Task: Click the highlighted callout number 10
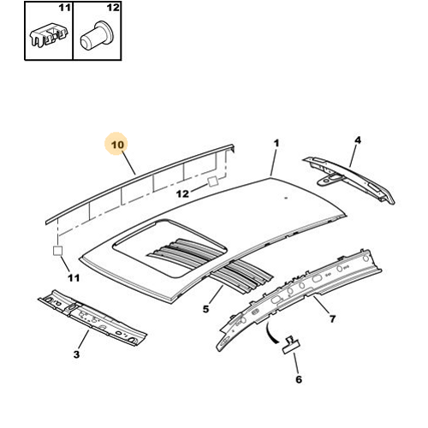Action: click(x=117, y=145)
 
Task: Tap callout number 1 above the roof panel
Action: click(x=276, y=143)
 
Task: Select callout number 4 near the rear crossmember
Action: click(x=358, y=140)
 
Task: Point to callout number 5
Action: click(x=205, y=309)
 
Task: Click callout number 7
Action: click(x=332, y=318)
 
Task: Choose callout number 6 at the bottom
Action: click(x=299, y=379)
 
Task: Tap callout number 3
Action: click(x=76, y=354)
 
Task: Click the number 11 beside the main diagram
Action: click(x=74, y=277)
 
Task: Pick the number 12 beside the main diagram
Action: click(x=182, y=194)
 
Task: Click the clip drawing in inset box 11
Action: click(x=49, y=35)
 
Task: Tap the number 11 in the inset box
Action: click(x=65, y=8)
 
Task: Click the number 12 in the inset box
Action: click(x=113, y=8)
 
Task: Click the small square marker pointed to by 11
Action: click(x=57, y=251)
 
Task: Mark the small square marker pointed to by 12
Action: click(x=213, y=181)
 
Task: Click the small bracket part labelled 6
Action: click(x=291, y=345)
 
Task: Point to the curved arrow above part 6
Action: click(x=270, y=333)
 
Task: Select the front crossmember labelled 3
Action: click(x=92, y=318)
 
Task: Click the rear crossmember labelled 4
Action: click(x=349, y=181)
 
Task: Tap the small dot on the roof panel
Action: click(x=286, y=198)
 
